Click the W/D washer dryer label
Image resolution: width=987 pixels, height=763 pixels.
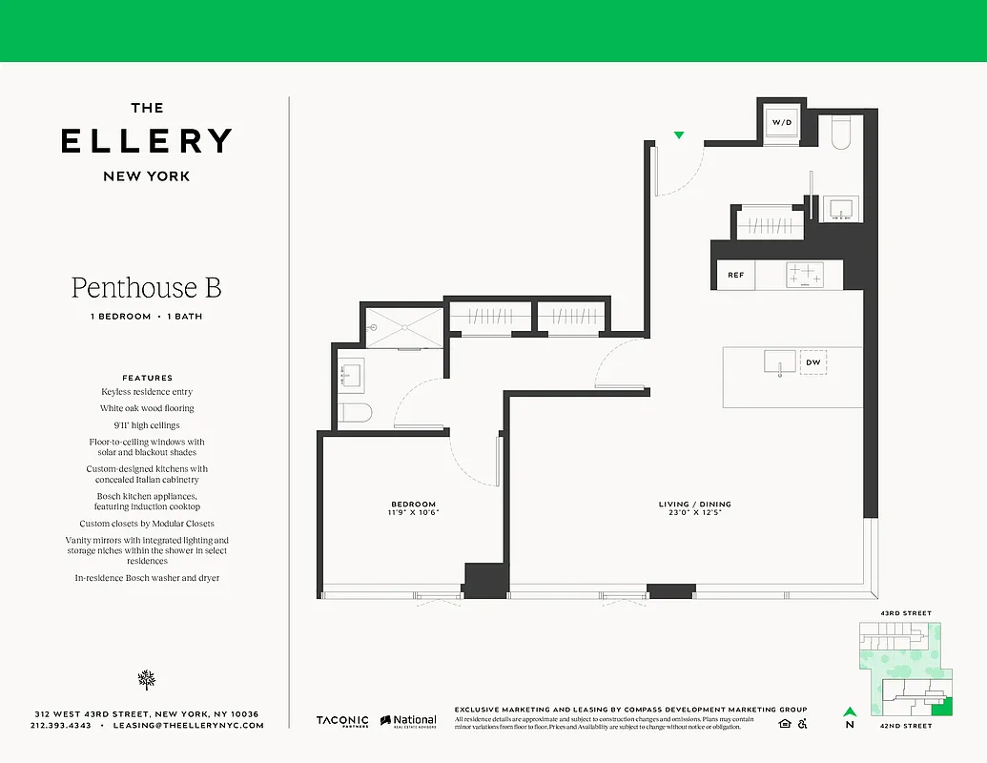[782, 123]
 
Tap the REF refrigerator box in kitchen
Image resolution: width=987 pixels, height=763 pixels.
[735, 276]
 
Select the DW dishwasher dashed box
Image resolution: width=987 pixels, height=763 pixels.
[813, 362]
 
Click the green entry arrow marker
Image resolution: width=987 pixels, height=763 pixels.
[679, 136]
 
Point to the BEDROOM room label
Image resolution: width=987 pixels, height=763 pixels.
[413, 504]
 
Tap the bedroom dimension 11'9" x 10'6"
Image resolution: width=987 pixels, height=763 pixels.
[413, 513]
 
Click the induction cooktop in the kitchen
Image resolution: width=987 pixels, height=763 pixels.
[804, 275]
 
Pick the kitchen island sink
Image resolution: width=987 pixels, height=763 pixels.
[779, 362]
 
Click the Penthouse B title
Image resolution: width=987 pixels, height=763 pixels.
[146, 287]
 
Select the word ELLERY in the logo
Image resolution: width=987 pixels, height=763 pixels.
[146, 141]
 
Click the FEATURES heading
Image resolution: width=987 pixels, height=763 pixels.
[147, 378]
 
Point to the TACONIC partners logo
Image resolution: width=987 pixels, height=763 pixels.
[342, 722]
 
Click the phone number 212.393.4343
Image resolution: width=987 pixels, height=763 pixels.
[61, 726]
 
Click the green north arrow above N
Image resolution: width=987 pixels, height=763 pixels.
[849, 711]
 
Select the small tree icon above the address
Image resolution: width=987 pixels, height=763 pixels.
[146, 679]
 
